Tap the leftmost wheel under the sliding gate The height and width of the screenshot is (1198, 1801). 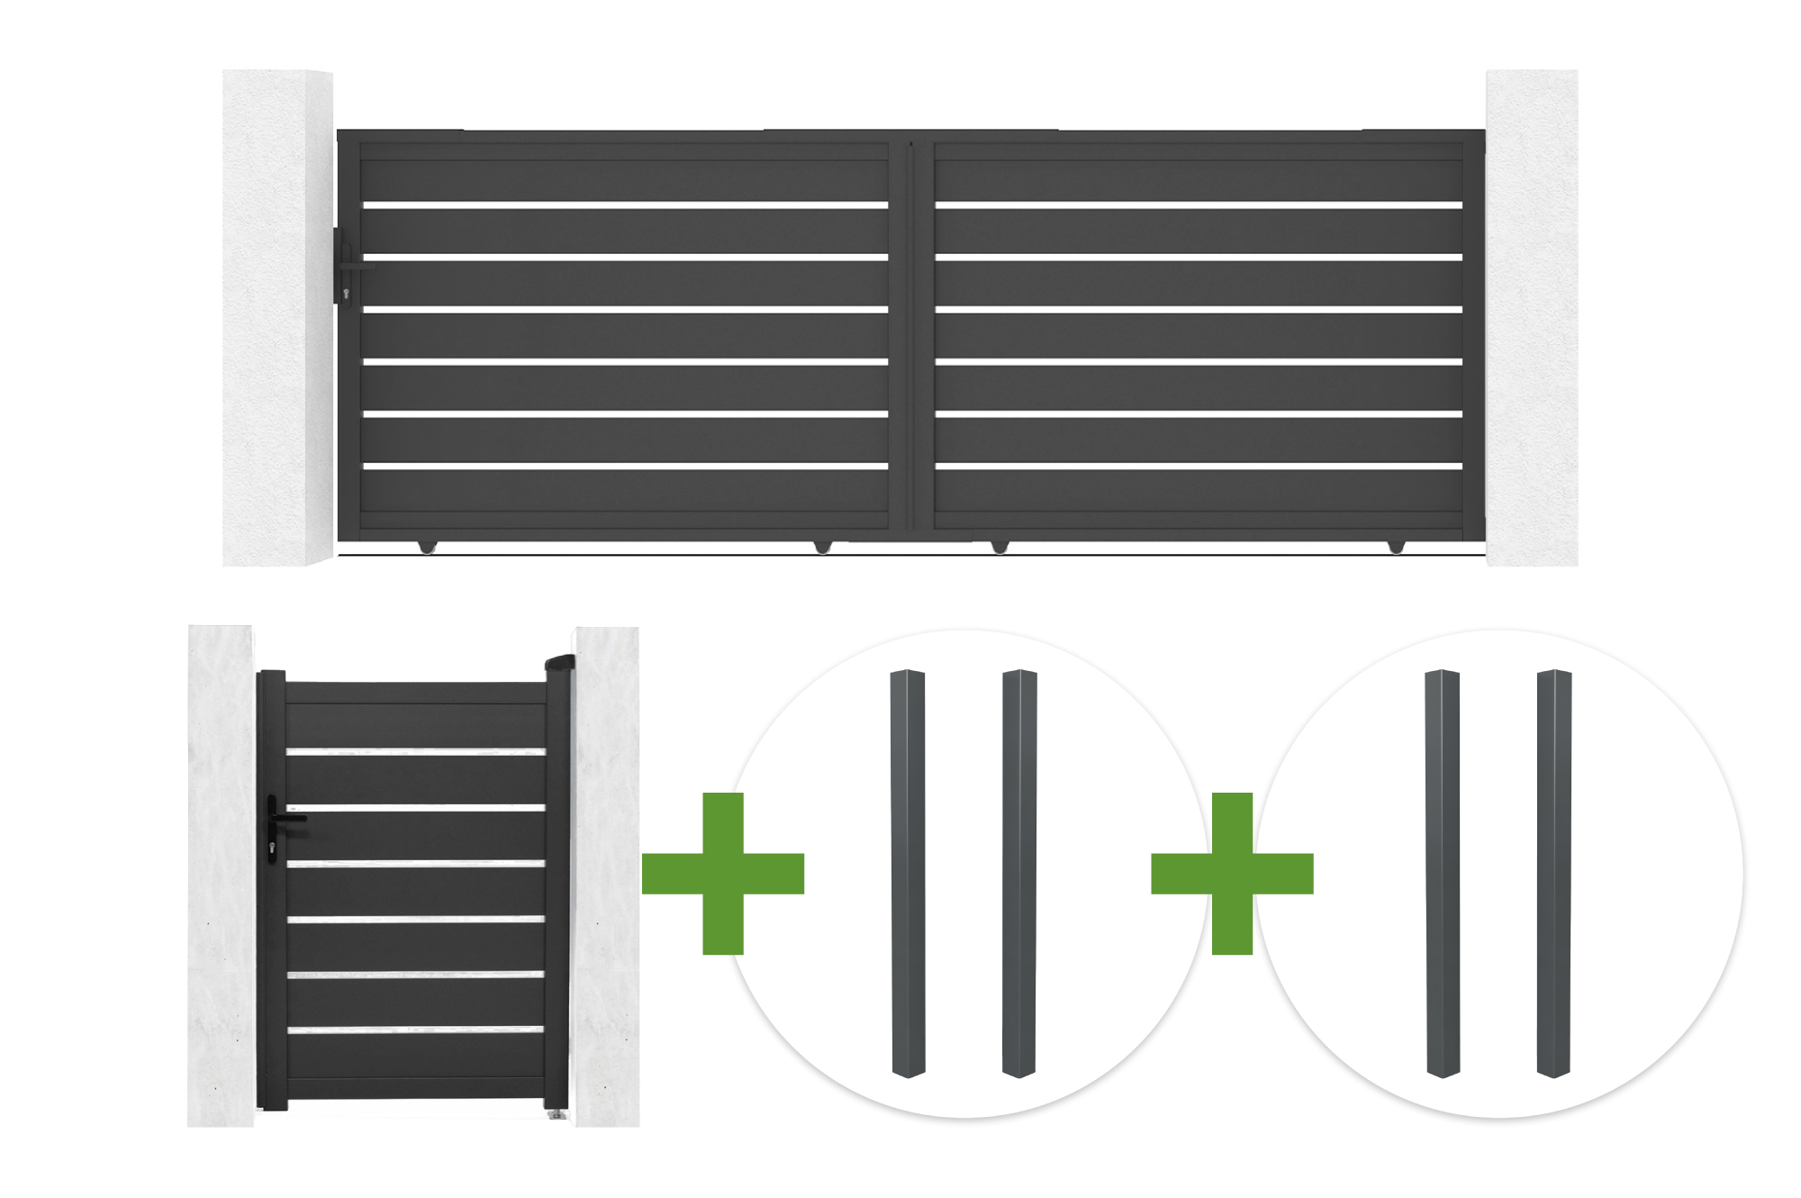click(x=426, y=547)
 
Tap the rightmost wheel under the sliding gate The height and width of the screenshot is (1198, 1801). click(x=1396, y=547)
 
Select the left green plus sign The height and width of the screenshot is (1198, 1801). click(x=723, y=873)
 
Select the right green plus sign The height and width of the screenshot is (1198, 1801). click(x=1232, y=873)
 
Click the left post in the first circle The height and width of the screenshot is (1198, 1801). click(x=908, y=873)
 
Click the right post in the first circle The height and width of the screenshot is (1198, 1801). click(x=1019, y=873)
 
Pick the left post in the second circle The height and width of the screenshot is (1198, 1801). click(x=1443, y=873)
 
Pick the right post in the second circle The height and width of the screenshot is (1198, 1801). click(x=1554, y=873)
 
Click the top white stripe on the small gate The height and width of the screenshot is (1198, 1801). click(x=416, y=751)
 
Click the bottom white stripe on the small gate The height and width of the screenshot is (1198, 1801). click(x=416, y=1030)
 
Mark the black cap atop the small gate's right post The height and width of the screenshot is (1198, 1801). click(x=559, y=663)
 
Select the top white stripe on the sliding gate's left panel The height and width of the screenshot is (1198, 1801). click(x=626, y=205)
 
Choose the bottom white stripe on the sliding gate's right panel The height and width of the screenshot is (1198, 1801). click(x=1199, y=466)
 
